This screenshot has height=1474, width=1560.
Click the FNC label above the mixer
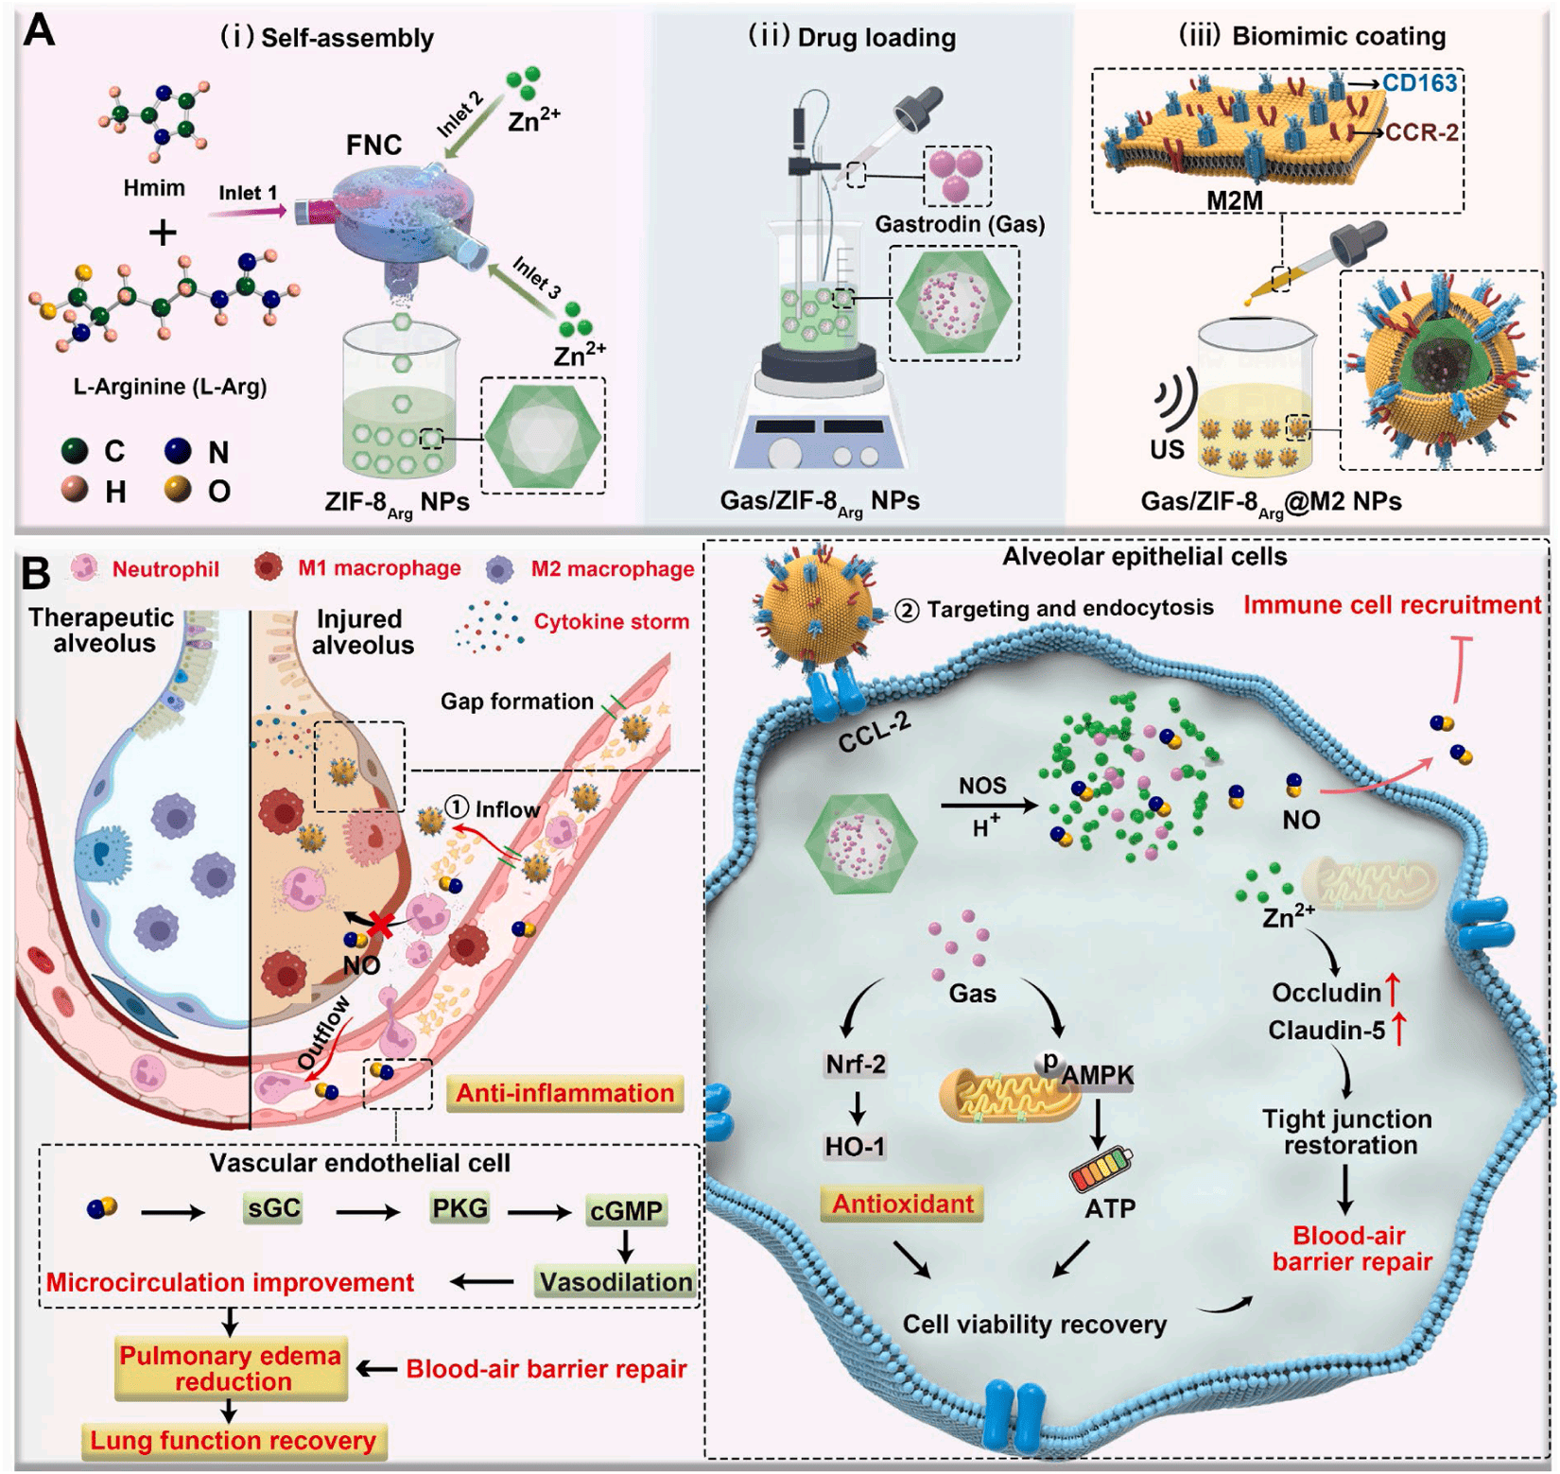point(373,145)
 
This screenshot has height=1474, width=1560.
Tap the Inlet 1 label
point(248,193)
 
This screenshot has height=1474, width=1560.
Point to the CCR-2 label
point(1421,131)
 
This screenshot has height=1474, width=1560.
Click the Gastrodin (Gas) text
point(960,224)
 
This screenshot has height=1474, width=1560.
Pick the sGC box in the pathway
point(272,1208)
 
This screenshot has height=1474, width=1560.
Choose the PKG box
point(459,1208)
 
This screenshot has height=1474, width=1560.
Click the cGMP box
point(626,1210)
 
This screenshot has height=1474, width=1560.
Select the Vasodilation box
point(616,1282)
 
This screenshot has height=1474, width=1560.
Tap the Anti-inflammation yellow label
point(564,1093)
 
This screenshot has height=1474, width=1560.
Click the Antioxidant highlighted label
point(902,1204)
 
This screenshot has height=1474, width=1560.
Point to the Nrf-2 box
point(856,1065)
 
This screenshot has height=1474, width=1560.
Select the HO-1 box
point(855,1147)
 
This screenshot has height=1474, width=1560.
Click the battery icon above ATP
point(1101,1169)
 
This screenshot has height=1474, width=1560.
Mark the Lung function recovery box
point(234,1440)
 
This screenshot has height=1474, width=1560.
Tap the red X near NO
point(380,924)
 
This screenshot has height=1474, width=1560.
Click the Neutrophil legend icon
point(85,567)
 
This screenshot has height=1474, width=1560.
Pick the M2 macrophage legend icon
point(499,568)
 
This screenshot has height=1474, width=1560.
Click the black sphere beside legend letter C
point(75,451)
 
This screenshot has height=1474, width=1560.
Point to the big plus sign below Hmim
point(163,233)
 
